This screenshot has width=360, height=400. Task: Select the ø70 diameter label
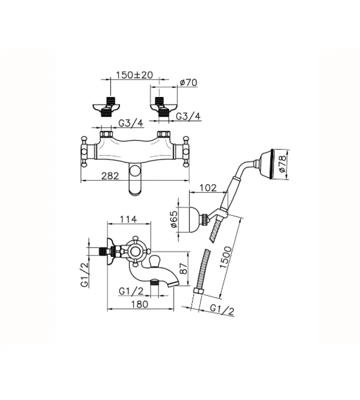click(x=189, y=83)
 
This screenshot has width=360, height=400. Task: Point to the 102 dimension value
click(x=207, y=188)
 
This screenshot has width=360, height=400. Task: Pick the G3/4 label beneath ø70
click(x=188, y=116)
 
